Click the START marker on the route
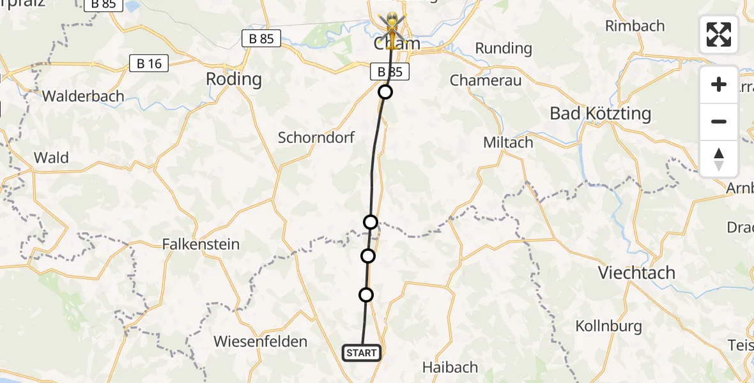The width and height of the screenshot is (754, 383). point(362,353)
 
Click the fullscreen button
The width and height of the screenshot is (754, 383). point(719,34)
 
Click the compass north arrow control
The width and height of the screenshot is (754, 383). point(719,159)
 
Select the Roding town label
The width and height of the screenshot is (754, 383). point(234,79)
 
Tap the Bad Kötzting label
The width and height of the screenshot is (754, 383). point(600,114)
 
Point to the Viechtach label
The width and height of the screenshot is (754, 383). point(636,273)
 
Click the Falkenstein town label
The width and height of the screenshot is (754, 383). point(201,244)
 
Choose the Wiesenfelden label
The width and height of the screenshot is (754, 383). point(261,342)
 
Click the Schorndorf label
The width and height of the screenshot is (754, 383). point(316,137)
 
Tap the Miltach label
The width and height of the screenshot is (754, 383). point(508,142)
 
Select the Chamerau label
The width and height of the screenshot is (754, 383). point(486,80)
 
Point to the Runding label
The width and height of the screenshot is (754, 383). point(504,48)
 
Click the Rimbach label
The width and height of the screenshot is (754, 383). point(635,26)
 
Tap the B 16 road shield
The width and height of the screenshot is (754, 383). point(149,63)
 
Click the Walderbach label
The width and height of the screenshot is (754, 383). point(83,96)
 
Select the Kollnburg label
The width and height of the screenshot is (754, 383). point(608,326)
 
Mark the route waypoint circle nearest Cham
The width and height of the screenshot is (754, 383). point(385,92)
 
